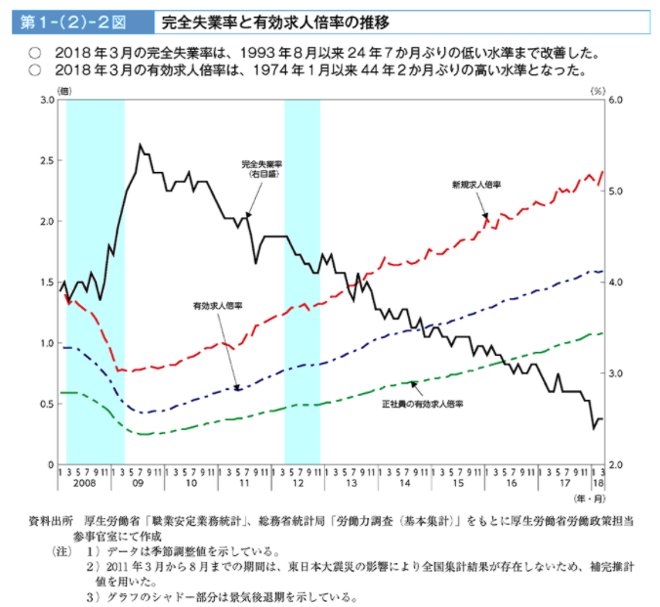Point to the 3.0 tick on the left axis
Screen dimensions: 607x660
[x=46, y=100]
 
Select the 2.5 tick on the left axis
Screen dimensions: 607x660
[x=46, y=160]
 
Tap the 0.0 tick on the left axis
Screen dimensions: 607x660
[x=46, y=463]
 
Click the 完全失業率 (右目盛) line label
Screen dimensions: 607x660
[x=263, y=167]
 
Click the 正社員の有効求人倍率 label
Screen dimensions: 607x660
[x=421, y=403]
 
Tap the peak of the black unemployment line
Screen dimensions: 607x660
[x=141, y=146]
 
